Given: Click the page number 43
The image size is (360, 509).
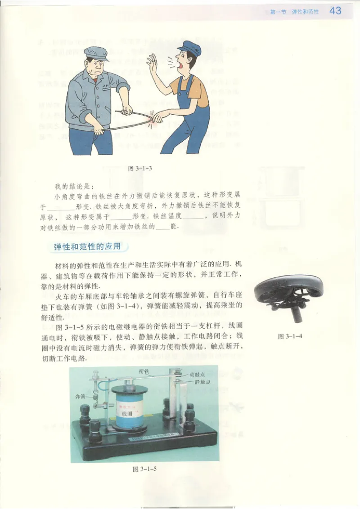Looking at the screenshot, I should pyautogui.click(x=335, y=11).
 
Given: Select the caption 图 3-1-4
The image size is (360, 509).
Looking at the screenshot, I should pyautogui.click(x=288, y=336).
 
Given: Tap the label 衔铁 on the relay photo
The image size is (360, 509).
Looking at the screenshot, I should pyautogui.click(x=144, y=371).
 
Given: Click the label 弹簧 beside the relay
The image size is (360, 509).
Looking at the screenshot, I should pyautogui.click(x=81, y=397).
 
